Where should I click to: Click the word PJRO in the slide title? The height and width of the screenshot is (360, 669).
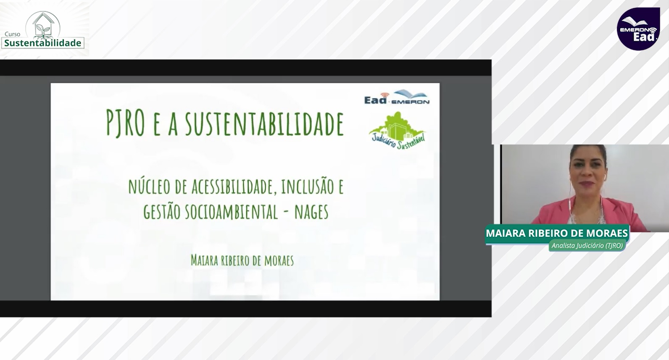pos(126,123)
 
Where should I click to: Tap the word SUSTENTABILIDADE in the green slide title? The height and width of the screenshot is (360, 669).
pos(264,123)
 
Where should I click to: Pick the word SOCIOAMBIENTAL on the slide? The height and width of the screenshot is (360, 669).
pos(231,212)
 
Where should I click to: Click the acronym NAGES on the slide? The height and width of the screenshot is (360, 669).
pos(311,212)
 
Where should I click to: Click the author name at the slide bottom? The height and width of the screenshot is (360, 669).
pos(242,260)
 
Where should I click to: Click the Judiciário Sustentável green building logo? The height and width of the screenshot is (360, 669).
pos(398,131)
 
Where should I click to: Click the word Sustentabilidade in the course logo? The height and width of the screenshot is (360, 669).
pos(43,43)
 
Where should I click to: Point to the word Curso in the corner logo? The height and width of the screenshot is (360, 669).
pos(12,34)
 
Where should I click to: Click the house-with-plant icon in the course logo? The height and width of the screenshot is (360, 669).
pos(43,26)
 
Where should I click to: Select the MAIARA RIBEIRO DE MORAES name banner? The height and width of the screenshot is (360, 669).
pos(557,233)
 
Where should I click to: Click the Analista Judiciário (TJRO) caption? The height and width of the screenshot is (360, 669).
pos(587,245)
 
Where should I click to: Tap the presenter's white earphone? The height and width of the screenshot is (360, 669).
pos(604,177)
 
